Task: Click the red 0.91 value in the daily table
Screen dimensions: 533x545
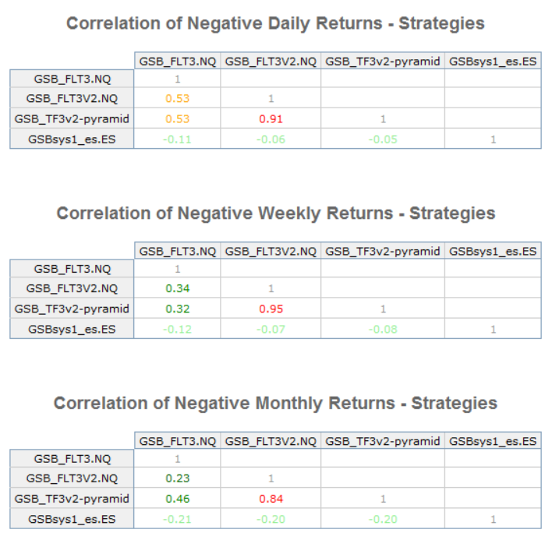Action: pos(271,119)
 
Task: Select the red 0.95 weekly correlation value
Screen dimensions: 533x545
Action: pos(271,309)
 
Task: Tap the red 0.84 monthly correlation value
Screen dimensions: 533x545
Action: pos(271,499)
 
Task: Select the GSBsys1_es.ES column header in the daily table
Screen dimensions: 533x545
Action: pos(493,60)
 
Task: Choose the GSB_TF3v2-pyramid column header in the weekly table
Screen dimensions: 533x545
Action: pos(382,251)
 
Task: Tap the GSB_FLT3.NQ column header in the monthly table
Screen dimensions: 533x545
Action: pos(177,441)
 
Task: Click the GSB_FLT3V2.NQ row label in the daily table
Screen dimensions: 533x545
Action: pos(72,99)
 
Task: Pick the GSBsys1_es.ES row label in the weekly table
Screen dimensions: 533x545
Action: pos(72,330)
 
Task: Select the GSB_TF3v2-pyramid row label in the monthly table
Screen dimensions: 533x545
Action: pos(72,499)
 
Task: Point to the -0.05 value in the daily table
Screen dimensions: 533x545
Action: pos(382,139)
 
